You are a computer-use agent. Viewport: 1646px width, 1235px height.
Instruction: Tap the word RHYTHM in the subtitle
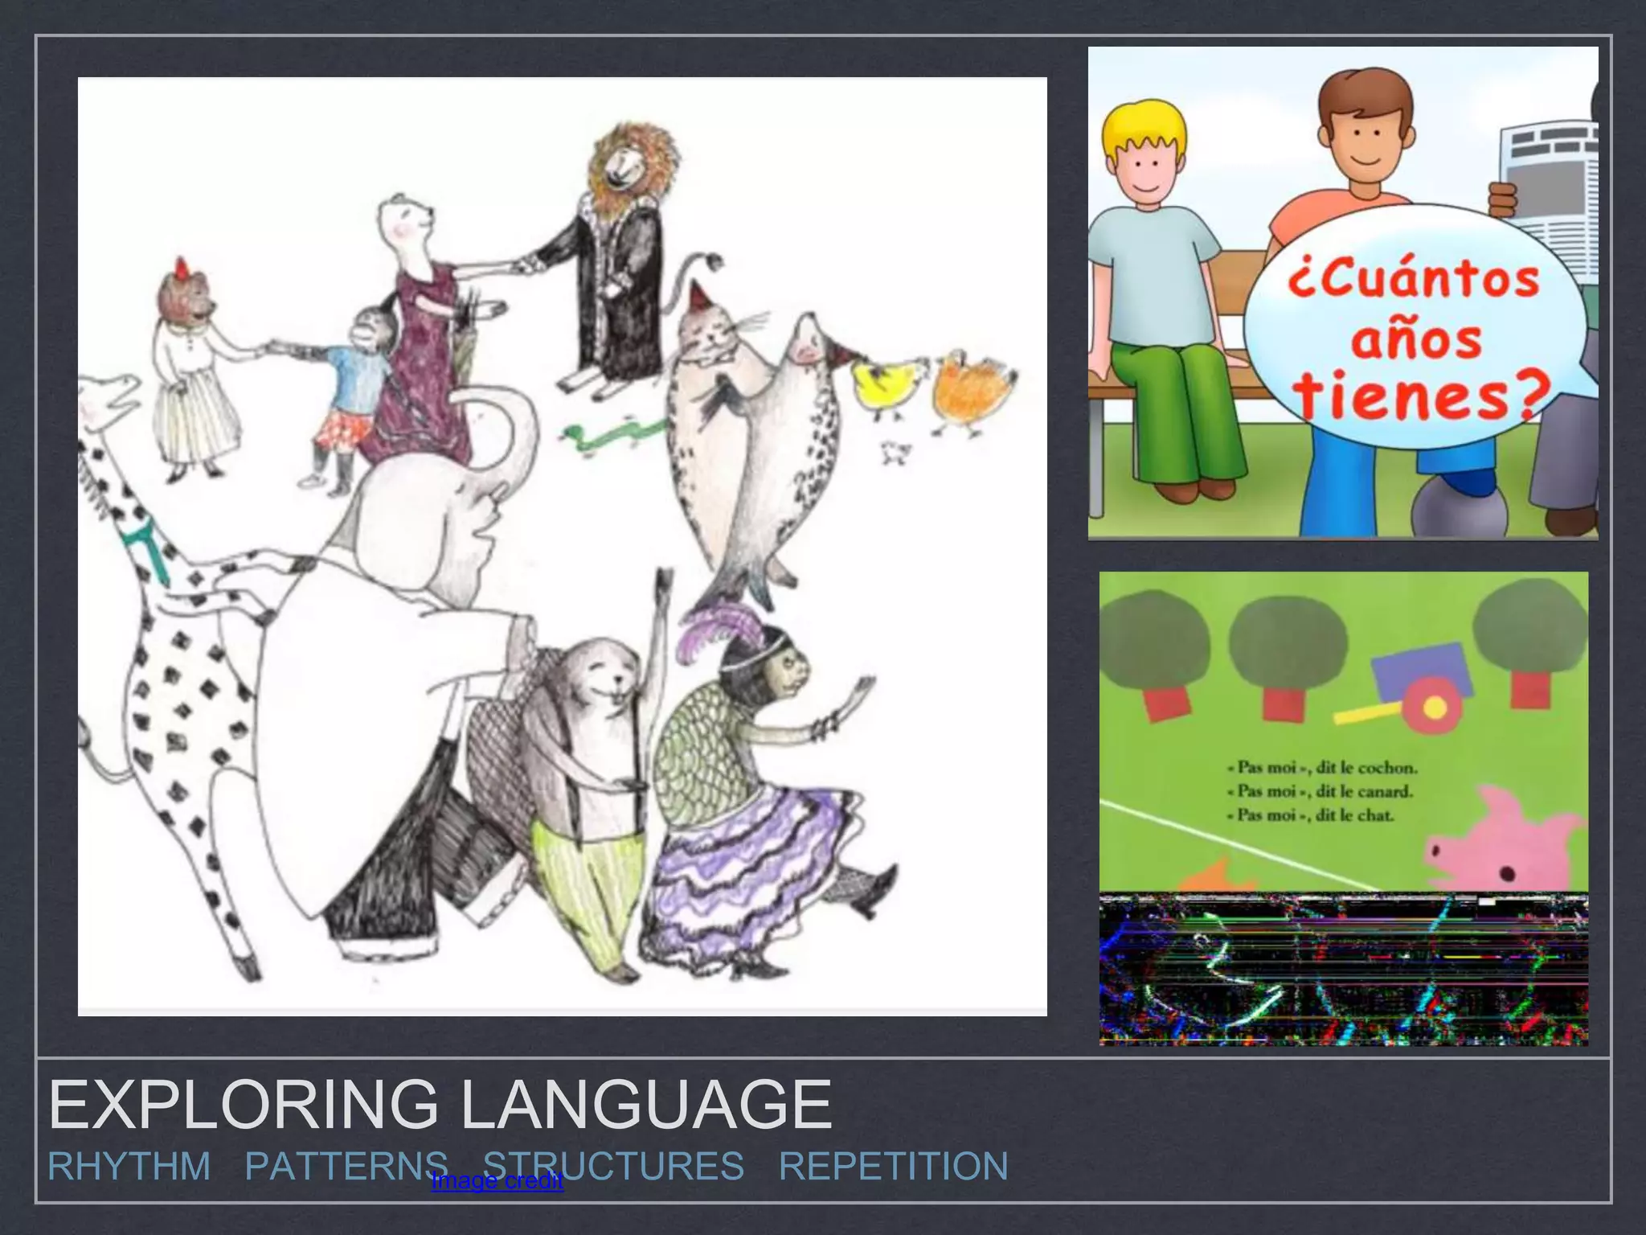click(129, 1166)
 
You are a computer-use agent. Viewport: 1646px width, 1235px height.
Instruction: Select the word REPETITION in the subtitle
click(893, 1166)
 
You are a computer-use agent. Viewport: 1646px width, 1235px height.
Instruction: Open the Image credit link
click(497, 1181)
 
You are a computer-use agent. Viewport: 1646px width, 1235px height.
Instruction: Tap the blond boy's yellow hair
click(1144, 129)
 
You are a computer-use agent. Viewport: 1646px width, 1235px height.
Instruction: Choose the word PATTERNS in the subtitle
click(346, 1166)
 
